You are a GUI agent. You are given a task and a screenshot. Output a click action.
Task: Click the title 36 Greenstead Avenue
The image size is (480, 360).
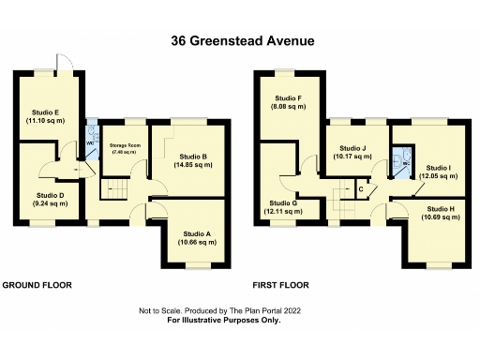240,40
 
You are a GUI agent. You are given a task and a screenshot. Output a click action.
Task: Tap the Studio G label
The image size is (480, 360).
282,207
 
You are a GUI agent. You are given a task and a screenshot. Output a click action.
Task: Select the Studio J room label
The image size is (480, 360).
352,152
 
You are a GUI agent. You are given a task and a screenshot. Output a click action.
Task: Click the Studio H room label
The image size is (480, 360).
440,213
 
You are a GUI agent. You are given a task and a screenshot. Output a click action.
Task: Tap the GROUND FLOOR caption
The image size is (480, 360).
37,284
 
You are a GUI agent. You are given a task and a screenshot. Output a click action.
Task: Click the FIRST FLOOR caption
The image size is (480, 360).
280,284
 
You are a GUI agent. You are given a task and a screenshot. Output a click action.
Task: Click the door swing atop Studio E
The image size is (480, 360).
62,64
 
